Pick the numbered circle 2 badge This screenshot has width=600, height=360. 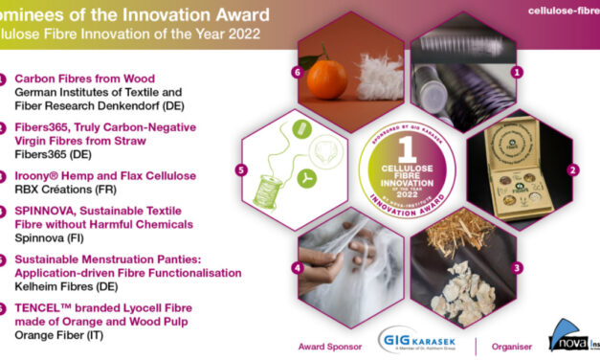click(x=572, y=170)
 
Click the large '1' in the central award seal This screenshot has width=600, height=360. click(x=406, y=148)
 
